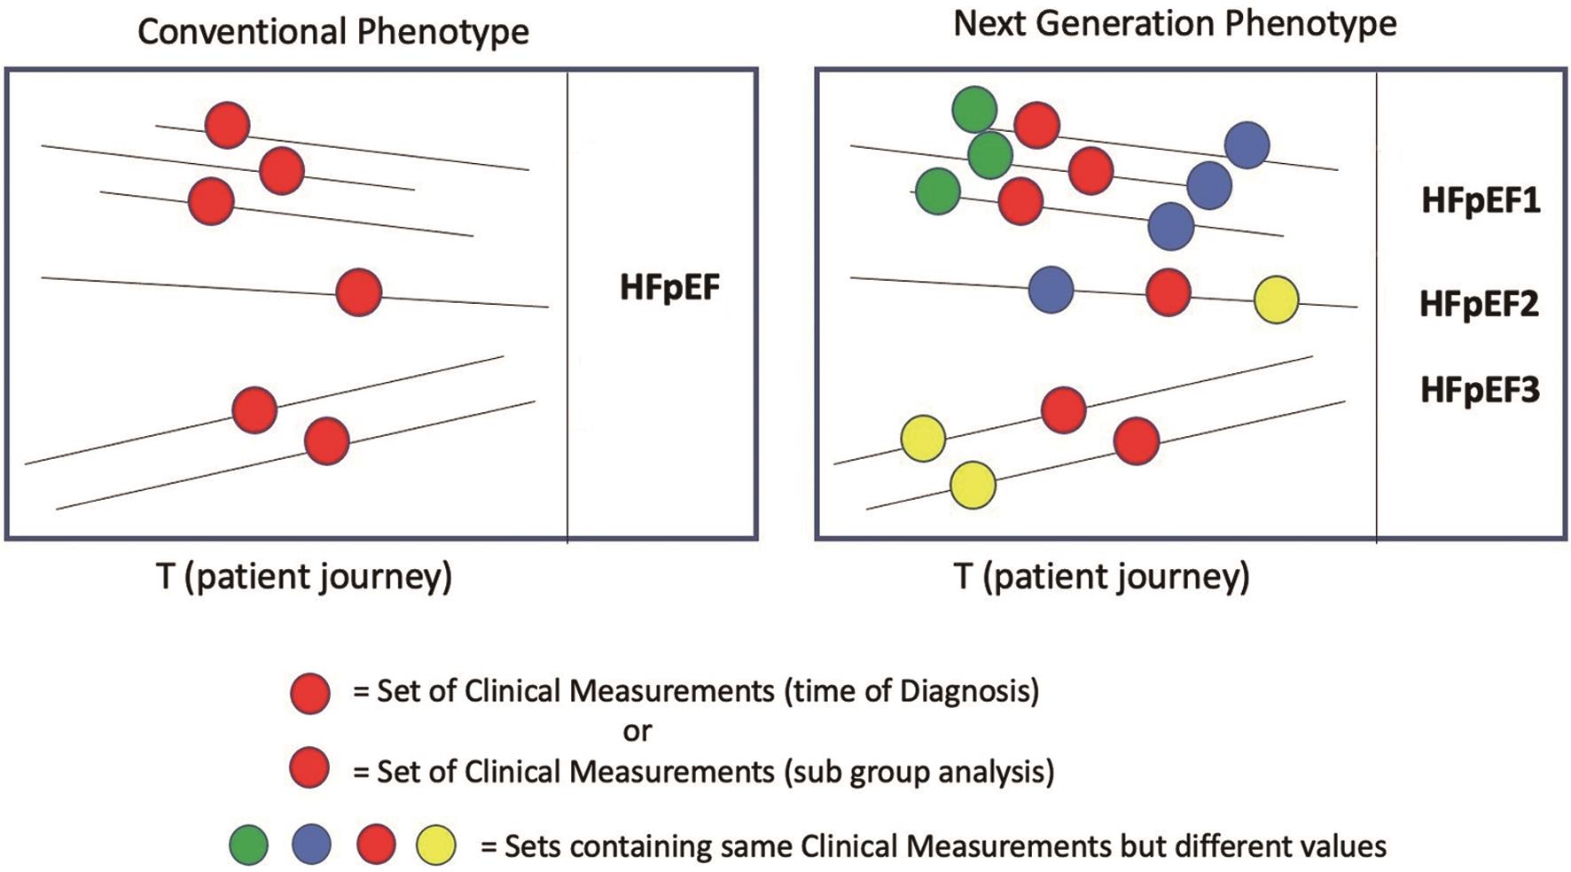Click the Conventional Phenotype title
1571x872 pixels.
(x=333, y=32)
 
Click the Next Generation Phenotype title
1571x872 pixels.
(x=1175, y=23)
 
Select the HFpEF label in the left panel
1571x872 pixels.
(x=669, y=288)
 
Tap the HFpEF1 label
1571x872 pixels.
(x=1481, y=200)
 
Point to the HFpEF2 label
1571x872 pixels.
(x=1479, y=304)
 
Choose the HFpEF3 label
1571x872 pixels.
(x=1480, y=390)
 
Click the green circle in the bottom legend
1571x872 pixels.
(x=248, y=845)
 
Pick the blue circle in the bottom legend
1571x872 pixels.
(x=311, y=845)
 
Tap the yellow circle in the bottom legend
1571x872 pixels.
(x=436, y=845)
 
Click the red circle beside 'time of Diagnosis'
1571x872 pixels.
(x=310, y=693)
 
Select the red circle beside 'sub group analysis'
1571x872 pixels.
(x=309, y=767)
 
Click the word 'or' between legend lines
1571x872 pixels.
(x=637, y=731)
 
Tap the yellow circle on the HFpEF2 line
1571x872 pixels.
(x=1277, y=300)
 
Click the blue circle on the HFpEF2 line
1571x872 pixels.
(x=1051, y=290)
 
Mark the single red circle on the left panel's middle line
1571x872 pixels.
(x=359, y=292)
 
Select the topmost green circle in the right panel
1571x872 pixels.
(x=974, y=110)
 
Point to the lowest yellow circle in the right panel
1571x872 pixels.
(x=973, y=485)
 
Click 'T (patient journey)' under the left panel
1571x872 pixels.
(x=304, y=577)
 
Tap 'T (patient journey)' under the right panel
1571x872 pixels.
(x=1101, y=577)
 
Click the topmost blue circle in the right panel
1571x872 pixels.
(x=1247, y=144)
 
